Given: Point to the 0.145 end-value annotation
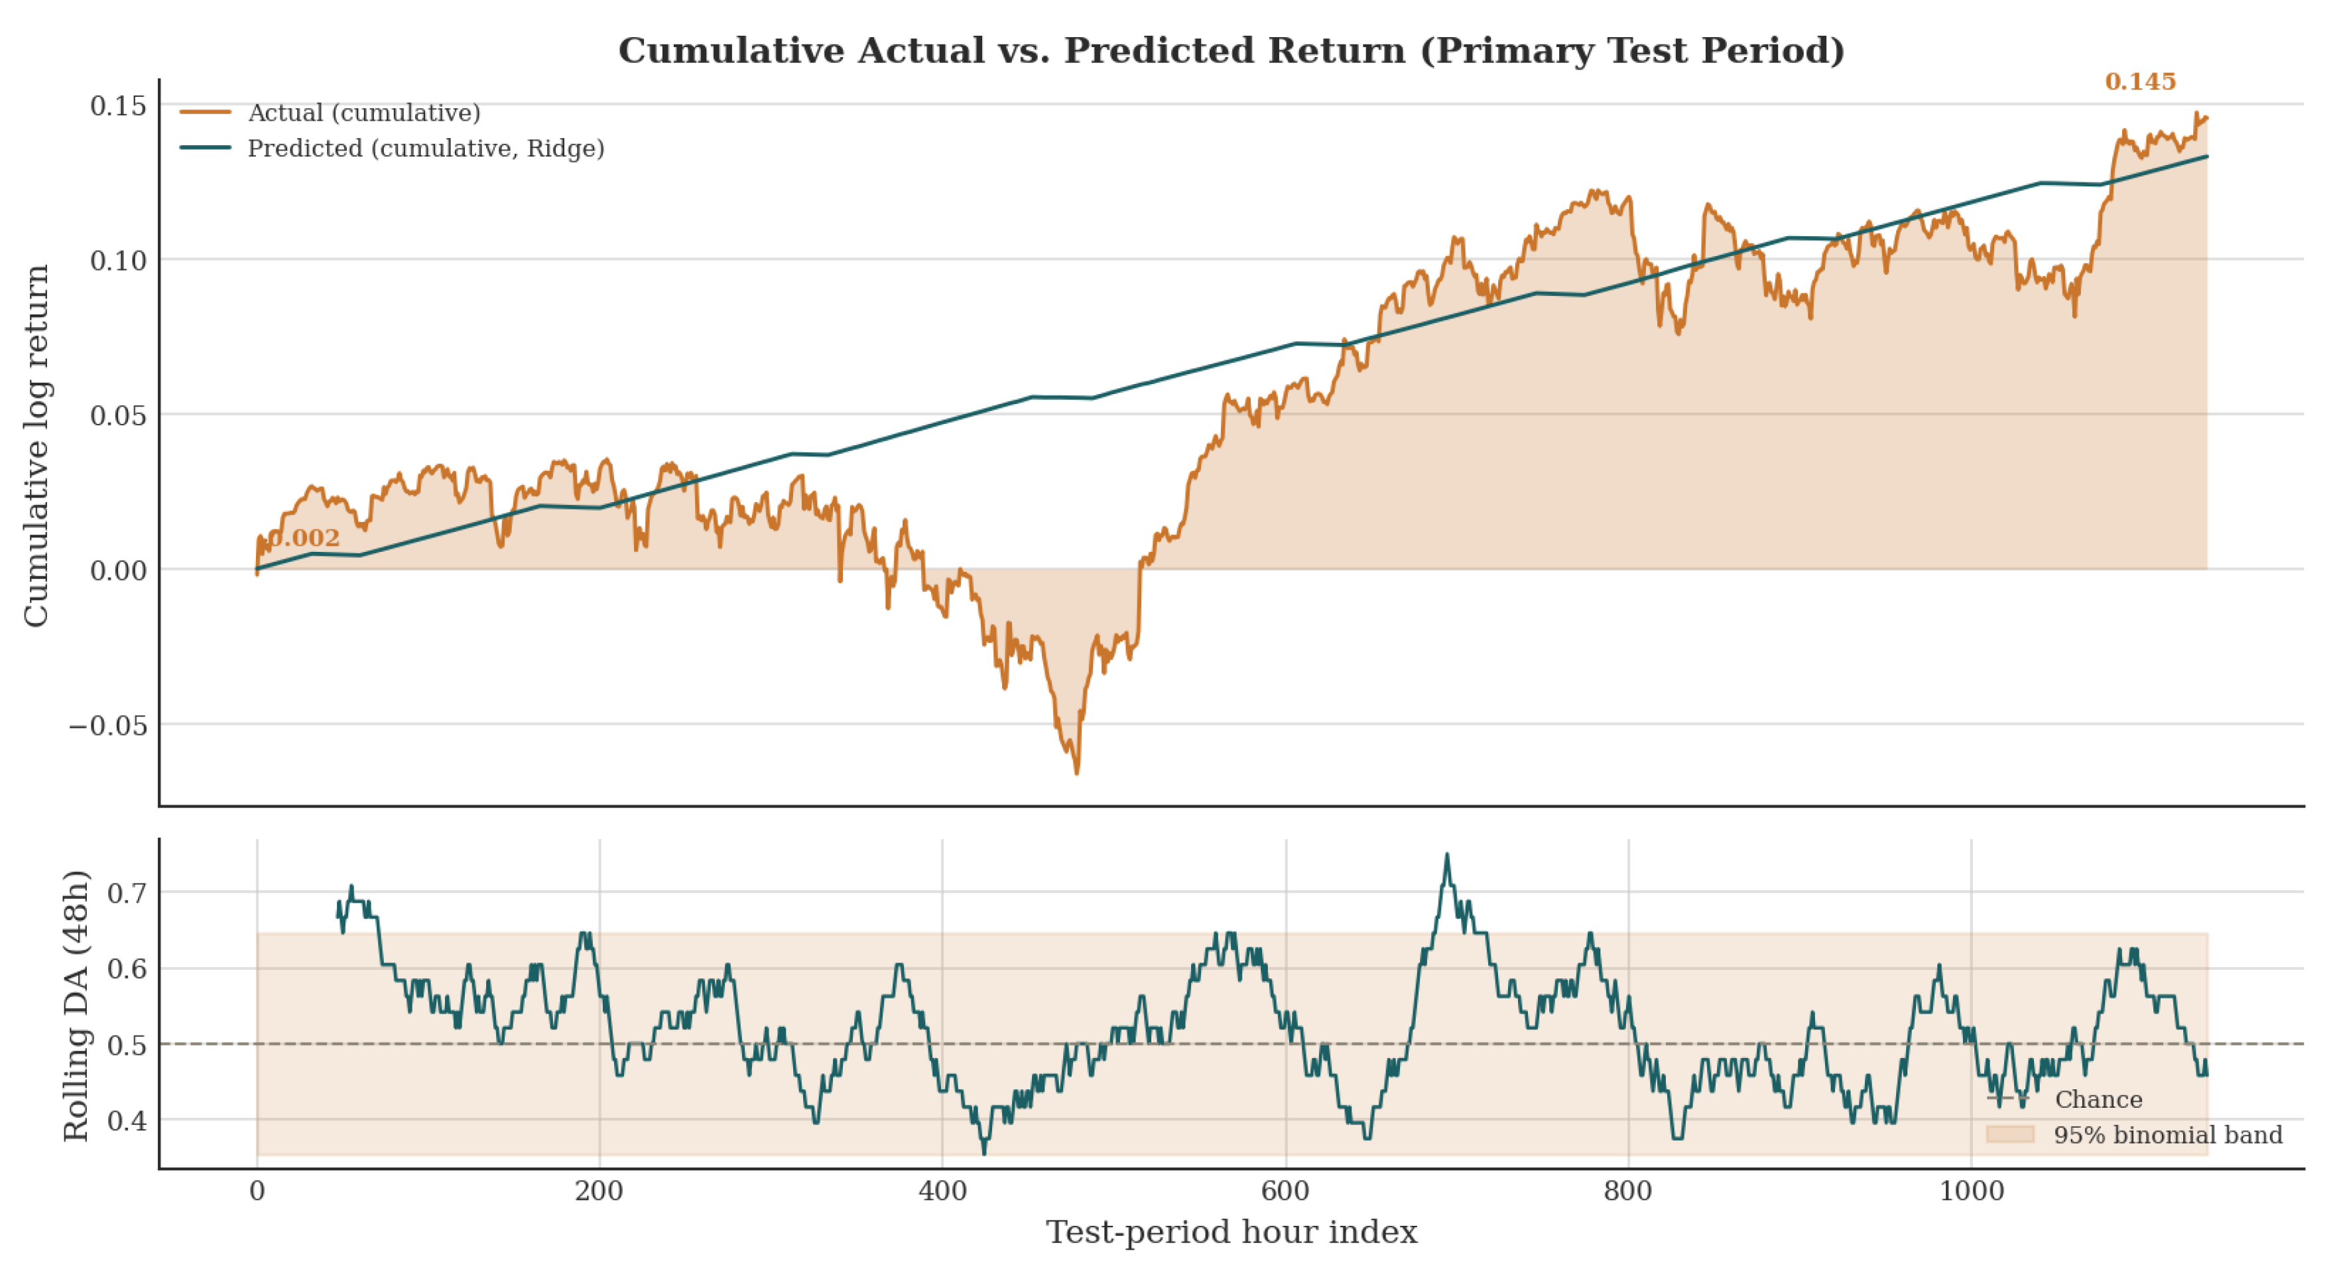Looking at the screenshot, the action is coord(2140,82).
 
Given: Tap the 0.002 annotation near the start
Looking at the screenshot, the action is coord(304,538).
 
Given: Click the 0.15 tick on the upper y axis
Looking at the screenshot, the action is coord(118,105).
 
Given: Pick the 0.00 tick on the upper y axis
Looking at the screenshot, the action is coord(118,570).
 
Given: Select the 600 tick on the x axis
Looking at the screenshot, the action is coord(1285,1191).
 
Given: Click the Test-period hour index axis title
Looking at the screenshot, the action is coord(1232,1233).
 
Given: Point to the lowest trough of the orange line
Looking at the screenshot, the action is coord(1077,773).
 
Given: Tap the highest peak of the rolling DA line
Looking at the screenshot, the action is coord(1447,854).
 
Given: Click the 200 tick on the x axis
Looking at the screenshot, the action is coord(599,1191).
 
